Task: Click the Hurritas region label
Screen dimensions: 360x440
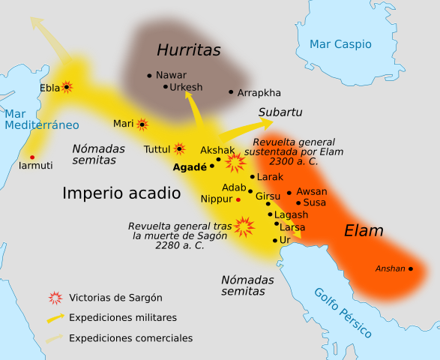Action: tap(189, 50)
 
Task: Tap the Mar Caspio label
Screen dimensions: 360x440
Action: tap(341, 44)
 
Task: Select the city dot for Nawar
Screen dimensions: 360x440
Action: tap(150, 75)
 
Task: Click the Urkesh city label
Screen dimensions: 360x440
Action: tap(186, 87)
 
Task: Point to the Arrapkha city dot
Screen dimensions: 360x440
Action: tap(231, 92)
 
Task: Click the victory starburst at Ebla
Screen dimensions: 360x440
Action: tap(67, 87)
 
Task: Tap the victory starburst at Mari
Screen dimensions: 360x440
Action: tap(141, 124)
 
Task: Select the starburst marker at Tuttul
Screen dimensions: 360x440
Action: tap(179, 148)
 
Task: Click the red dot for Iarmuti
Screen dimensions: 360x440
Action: tap(31, 157)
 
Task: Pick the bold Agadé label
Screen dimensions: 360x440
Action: tap(190, 167)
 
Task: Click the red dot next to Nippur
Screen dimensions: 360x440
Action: tap(238, 199)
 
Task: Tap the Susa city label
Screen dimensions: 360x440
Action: tap(315, 202)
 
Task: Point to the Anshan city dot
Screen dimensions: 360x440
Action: tap(410, 269)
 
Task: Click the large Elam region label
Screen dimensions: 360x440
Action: tap(364, 231)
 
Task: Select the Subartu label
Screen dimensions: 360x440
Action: tap(280, 112)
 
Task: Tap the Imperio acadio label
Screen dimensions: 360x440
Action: tap(121, 193)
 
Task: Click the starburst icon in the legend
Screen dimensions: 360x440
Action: tap(55, 298)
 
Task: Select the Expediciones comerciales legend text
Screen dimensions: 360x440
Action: tap(130, 338)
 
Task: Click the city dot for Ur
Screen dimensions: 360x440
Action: tap(274, 240)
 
